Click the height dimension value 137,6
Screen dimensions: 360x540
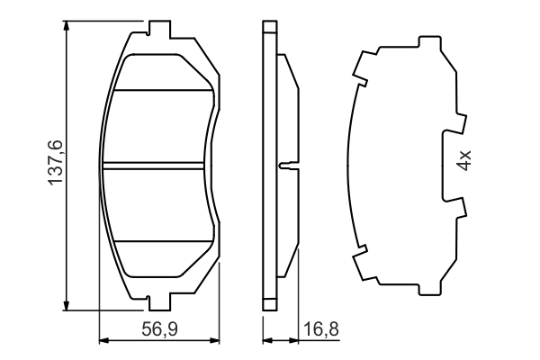point(56,164)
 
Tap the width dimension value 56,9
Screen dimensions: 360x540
point(158,329)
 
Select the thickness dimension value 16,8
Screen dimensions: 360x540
point(320,329)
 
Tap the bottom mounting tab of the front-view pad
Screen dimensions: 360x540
point(158,301)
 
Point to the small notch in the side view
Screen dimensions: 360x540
point(286,165)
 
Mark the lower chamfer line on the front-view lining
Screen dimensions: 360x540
point(162,241)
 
